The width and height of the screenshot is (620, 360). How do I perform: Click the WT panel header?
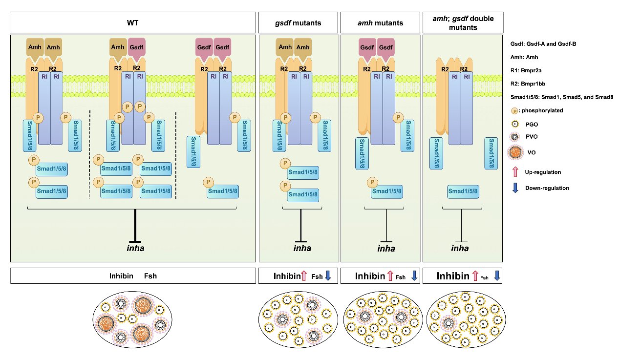click(132, 22)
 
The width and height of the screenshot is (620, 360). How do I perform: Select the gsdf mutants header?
click(298, 22)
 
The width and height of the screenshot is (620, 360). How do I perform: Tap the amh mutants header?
click(380, 22)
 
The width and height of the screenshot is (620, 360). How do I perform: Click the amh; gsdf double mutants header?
click(463, 22)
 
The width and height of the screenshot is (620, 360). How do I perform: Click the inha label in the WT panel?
click(135, 248)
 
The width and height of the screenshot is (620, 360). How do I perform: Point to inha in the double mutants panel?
click(460, 248)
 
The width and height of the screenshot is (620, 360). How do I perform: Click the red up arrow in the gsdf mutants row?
click(304, 276)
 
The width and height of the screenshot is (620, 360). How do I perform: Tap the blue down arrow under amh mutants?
click(414, 275)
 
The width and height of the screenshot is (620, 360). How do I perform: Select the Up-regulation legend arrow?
click(515, 172)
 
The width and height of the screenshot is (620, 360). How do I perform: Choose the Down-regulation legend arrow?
click(515, 188)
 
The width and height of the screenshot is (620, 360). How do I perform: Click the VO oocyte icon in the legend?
click(515, 152)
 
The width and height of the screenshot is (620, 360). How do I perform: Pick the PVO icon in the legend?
click(515, 137)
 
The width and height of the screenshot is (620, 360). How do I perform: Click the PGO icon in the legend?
click(515, 124)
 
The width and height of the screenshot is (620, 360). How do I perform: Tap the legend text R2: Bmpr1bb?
click(528, 84)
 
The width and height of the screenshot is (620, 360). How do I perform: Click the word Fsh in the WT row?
click(150, 276)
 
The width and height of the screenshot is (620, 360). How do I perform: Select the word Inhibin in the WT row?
click(121, 276)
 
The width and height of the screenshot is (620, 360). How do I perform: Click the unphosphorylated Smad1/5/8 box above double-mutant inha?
click(463, 191)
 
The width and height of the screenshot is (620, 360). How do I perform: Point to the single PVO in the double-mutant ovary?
click(449, 323)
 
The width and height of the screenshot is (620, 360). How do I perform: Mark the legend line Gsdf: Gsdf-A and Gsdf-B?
click(543, 44)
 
